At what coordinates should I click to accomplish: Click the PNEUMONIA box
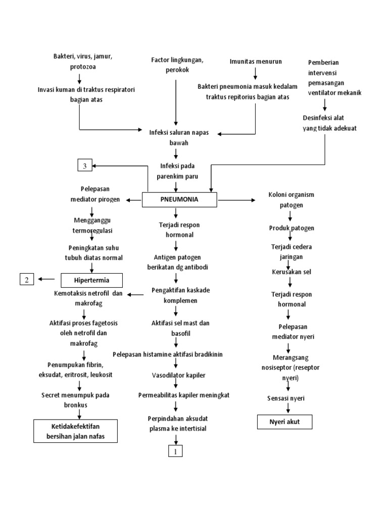click(179, 199)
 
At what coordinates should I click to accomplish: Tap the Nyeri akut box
click(285, 421)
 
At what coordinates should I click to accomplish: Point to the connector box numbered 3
click(85, 166)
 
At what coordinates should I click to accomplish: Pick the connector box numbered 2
click(27, 278)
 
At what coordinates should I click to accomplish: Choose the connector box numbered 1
click(175, 451)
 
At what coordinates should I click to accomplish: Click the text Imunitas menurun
click(256, 61)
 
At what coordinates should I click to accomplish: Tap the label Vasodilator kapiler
click(175, 376)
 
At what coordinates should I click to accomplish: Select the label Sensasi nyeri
click(286, 398)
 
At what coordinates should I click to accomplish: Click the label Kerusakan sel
click(290, 272)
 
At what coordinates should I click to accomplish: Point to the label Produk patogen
click(292, 228)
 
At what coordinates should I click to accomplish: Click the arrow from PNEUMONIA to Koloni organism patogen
click(236, 200)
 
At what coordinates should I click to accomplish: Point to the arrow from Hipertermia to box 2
click(48, 278)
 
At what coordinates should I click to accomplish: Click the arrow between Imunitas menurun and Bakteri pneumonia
click(256, 73)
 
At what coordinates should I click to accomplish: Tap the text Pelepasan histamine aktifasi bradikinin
click(175, 354)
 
